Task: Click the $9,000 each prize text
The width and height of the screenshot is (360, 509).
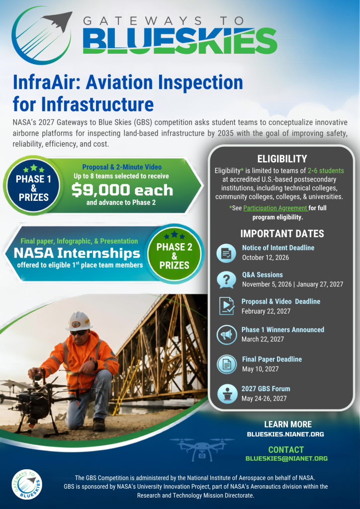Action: (122, 190)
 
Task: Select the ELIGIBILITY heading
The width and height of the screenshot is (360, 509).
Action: (282, 159)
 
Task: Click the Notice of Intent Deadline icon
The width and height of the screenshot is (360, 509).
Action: (226, 253)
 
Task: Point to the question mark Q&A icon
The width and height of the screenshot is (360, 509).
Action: (226, 279)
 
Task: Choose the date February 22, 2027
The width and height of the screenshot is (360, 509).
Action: (266, 311)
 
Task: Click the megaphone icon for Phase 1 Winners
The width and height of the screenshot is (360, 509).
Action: (226, 335)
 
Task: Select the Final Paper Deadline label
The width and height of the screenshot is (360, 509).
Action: (272, 359)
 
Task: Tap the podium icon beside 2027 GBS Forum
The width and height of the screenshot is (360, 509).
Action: (226, 394)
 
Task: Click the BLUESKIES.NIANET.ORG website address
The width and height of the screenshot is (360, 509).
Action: (285, 434)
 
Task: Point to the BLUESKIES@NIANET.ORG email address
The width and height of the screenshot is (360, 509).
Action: (286, 459)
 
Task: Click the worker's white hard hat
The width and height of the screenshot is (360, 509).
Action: (79, 321)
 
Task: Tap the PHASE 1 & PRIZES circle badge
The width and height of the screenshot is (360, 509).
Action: (33, 185)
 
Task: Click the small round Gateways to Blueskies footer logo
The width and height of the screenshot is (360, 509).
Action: (27, 485)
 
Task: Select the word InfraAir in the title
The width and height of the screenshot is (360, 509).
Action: (46, 83)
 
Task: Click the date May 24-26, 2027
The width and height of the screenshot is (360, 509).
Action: (264, 398)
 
